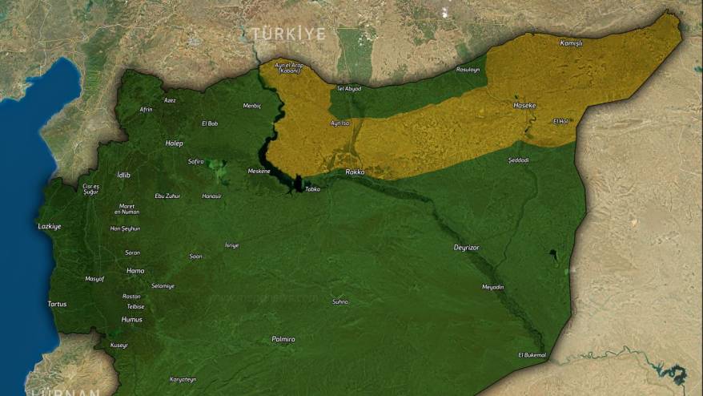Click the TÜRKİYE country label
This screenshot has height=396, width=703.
coord(288,34)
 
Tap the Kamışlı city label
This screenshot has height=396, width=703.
coord(571,42)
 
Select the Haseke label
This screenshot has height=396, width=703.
coord(524,105)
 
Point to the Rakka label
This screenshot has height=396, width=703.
coord(355,172)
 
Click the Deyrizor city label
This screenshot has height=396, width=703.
coord(466,248)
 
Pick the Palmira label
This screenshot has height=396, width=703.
coord(283,339)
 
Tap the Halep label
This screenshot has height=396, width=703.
coord(174,143)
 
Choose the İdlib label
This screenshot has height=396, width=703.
coord(123,175)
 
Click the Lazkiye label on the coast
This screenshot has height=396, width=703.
coord(50,226)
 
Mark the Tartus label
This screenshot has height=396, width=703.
coord(58,304)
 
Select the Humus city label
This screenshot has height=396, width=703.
coord(131,319)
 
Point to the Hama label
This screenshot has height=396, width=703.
coord(135,271)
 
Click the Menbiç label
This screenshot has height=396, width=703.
coord(252,106)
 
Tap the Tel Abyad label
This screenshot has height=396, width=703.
coord(349,88)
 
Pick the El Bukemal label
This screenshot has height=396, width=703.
coord(532,354)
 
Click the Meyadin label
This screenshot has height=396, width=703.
coord(493,286)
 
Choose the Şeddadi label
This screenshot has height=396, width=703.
coord(518,160)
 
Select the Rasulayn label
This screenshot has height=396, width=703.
coord(468,70)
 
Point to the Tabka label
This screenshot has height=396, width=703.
coord(312,189)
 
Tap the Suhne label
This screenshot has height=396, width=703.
coord(340,301)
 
